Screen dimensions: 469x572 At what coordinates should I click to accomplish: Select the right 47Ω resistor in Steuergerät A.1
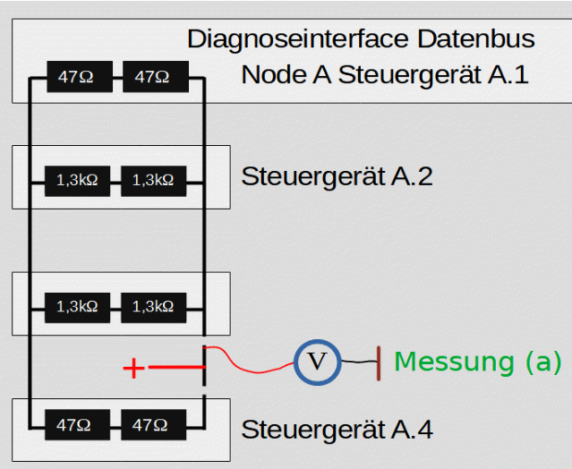[152, 78]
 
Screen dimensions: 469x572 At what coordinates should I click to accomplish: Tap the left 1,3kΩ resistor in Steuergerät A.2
[77, 180]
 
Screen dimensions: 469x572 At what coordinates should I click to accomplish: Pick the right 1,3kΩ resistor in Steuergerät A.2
[153, 180]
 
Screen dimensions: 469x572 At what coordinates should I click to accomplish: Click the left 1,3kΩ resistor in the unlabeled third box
[77, 307]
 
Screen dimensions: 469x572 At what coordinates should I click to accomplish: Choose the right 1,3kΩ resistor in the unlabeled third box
[153, 307]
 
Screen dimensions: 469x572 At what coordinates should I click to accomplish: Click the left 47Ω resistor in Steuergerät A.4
[75, 425]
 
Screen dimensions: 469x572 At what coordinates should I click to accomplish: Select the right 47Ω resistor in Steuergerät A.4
[151, 425]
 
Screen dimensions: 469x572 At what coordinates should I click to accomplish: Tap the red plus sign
[133, 368]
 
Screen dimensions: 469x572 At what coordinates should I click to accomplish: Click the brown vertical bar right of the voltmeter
[379, 362]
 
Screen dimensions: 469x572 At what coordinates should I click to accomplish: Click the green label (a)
[539, 362]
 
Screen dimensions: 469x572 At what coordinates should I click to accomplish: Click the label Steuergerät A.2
[337, 176]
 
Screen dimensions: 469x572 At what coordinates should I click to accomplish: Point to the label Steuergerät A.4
[337, 430]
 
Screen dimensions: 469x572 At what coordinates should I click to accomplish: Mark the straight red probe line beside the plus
[176, 367]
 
